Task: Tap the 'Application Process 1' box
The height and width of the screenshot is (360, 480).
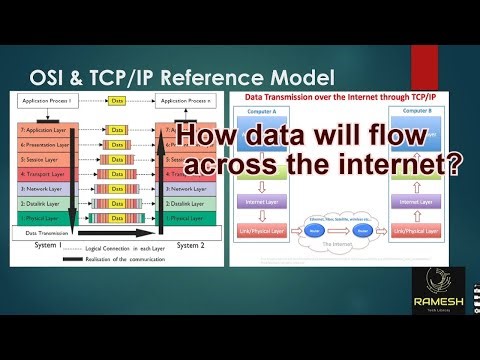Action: click(43, 102)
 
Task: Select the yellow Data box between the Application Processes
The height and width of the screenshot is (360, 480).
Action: click(117, 102)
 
